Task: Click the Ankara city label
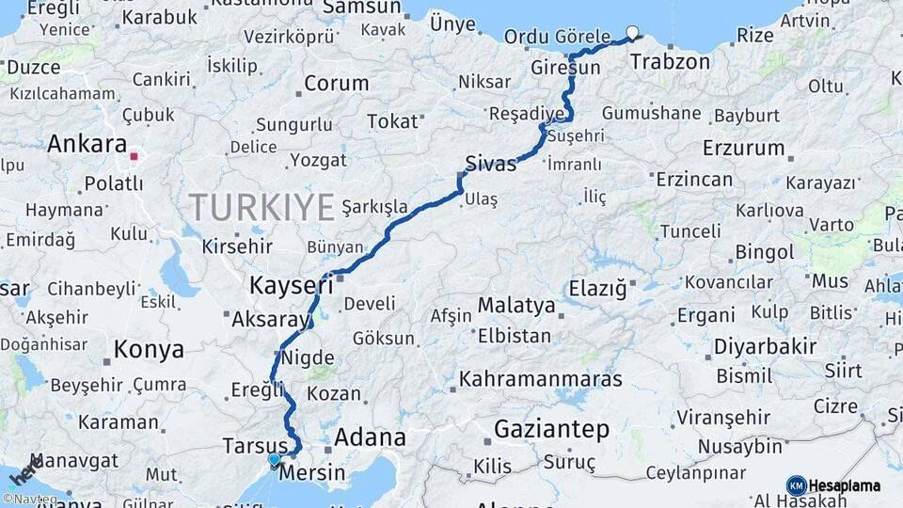coord(87,144)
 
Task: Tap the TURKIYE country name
coord(261,206)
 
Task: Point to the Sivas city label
coord(491,164)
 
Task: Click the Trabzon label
coord(670,62)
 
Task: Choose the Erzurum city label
coord(743,148)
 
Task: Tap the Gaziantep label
coord(551,429)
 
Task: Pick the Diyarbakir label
coord(765,346)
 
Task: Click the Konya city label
coord(149,350)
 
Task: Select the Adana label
coord(370,437)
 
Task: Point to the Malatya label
coord(516,306)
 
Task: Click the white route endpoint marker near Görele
coord(632,32)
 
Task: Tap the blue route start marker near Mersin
coord(274,460)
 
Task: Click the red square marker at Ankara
coord(135,157)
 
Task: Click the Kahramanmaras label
coord(541,379)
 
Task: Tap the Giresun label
coord(565,69)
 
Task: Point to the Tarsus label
coord(255,444)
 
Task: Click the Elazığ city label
coord(595,289)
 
